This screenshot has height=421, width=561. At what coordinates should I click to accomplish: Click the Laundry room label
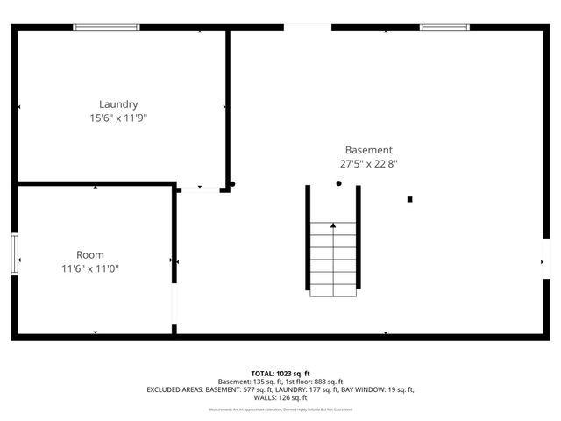pyautogui.click(x=118, y=103)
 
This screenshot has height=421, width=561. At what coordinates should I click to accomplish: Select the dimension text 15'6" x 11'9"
pyautogui.click(x=118, y=118)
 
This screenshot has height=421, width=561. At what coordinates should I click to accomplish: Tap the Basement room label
pyautogui.click(x=368, y=150)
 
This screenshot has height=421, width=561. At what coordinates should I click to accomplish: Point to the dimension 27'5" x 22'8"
pyautogui.click(x=368, y=163)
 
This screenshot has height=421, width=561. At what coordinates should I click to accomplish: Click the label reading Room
pyautogui.click(x=89, y=255)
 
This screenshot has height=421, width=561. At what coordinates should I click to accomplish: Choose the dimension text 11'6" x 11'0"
pyautogui.click(x=89, y=268)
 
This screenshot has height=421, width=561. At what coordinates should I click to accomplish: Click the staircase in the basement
pyautogui.click(x=333, y=259)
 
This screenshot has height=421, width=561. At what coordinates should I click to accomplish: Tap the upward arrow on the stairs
pyautogui.click(x=333, y=226)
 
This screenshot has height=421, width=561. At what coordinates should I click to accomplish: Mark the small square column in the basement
pyautogui.click(x=409, y=199)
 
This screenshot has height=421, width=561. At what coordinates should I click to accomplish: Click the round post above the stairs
pyautogui.click(x=339, y=183)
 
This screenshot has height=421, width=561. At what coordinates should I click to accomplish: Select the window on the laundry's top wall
pyautogui.click(x=106, y=27)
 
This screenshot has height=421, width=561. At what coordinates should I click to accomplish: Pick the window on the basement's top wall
pyautogui.click(x=445, y=27)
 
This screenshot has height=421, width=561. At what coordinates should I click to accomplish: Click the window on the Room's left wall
pyautogui.click(x=14, y=254)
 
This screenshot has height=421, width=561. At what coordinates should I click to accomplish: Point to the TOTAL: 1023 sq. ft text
pyautogui.click(x=280, y=373)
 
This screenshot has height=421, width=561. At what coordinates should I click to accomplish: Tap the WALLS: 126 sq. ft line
pyautogui.click(x=280, y=397)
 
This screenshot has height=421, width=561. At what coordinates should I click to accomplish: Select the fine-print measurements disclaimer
pyautogui.click(x=280, y=409)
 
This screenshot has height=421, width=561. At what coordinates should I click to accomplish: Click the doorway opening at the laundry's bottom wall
pyautogui.click(x=200, y=189)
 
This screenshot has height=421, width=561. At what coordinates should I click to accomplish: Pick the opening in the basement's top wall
pyautogui.click(x=307, y=27)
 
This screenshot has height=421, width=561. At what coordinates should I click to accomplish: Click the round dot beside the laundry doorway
pyautogui.click(x=232, y=184)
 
